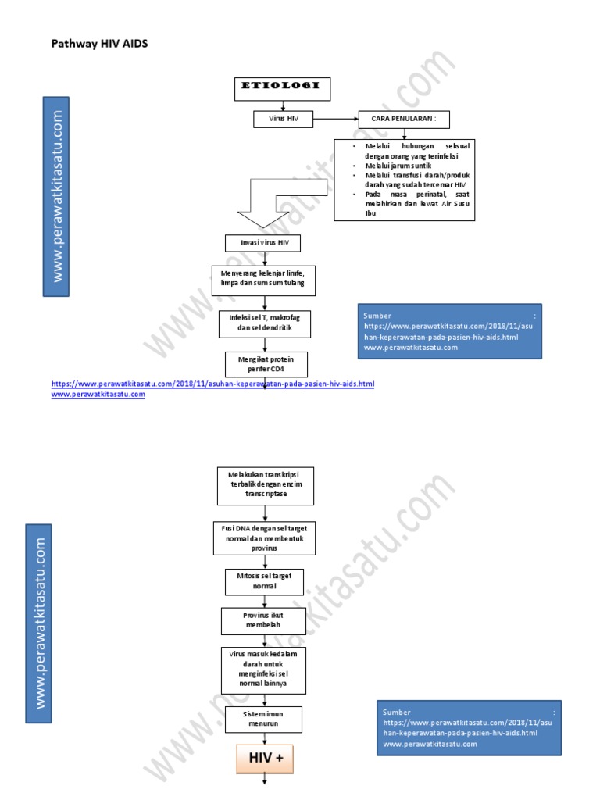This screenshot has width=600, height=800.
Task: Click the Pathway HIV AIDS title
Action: pos(99,45)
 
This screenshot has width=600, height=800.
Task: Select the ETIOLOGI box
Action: pos(282,89)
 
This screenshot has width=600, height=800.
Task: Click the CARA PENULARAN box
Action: pos(404,120)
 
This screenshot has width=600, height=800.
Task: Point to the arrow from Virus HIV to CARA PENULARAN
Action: pos(335,120)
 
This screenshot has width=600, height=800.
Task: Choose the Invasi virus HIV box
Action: pos(262,244)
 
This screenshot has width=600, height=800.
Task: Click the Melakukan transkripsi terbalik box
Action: pos(266,485)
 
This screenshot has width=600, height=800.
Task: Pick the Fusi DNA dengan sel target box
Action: pos(264,538)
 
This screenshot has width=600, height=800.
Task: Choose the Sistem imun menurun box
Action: pos(264,720)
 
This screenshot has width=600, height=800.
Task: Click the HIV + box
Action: pos(265,759)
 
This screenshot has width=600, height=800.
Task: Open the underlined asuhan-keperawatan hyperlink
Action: pos(213,384)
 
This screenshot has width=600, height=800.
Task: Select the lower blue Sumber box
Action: pos(469,728)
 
